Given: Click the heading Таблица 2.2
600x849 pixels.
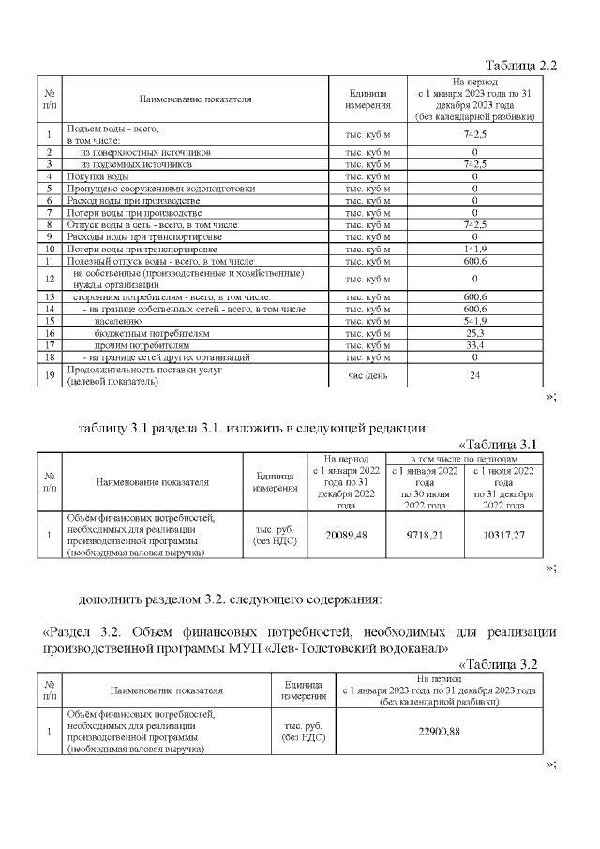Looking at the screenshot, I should coord(520,66).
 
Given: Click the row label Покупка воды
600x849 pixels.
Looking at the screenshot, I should coord(97,175).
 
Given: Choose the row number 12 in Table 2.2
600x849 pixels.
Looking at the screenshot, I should coord(48,279).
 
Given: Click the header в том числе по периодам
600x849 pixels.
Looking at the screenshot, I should coord(465,460).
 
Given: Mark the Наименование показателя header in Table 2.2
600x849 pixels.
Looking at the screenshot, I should coord(195,98).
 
